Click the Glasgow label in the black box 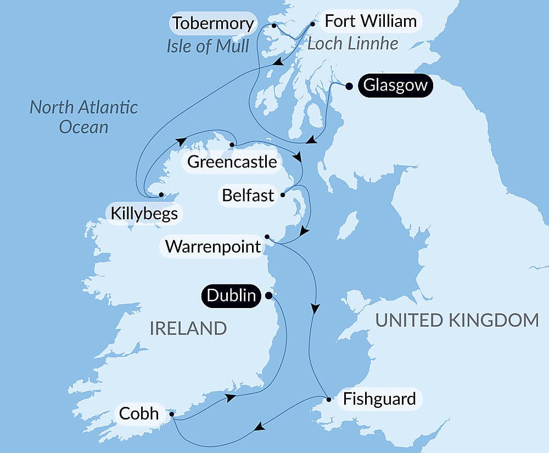pos(395,86)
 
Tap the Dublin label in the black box pos(232,296)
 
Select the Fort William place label pos(371,22)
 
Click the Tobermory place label pos(213,24)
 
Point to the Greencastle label pos(232,162)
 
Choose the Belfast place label pos(248,195)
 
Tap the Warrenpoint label pos(213,247)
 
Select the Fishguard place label pos(379,399)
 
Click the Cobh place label pos(139,413)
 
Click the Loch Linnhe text pos(352,44)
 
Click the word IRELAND pos(188,328)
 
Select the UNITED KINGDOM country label pos(457,320)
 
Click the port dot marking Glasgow pos(349,86)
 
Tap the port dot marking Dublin pos(268,295)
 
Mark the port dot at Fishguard pos(328,399)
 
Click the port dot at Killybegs pos(161,194)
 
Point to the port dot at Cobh pos(172,415)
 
